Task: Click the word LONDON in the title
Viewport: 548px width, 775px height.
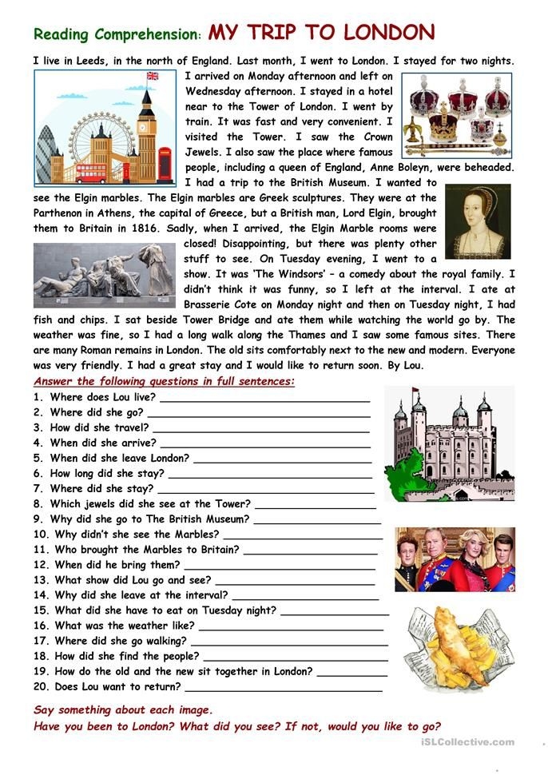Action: (x=388, y=33)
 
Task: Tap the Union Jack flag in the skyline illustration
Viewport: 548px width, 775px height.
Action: (x=152, y=77)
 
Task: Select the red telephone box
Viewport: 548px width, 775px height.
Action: (x=165, y=165)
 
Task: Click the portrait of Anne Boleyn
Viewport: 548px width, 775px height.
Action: (x=477, y=221)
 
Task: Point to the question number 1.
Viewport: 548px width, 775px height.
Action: (x=38, y=397)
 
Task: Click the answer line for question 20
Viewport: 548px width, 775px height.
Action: (x=283, y=690)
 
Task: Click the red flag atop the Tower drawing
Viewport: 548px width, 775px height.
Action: (x=415, y=391)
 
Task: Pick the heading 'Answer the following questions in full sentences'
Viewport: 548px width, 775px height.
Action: (x=165, y=381)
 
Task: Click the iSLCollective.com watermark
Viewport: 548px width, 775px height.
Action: (x=467, y=742)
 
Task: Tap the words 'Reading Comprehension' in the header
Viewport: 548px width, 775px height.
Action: (x=117, y=34)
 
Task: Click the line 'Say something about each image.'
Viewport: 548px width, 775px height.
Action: (x=123, y=709)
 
